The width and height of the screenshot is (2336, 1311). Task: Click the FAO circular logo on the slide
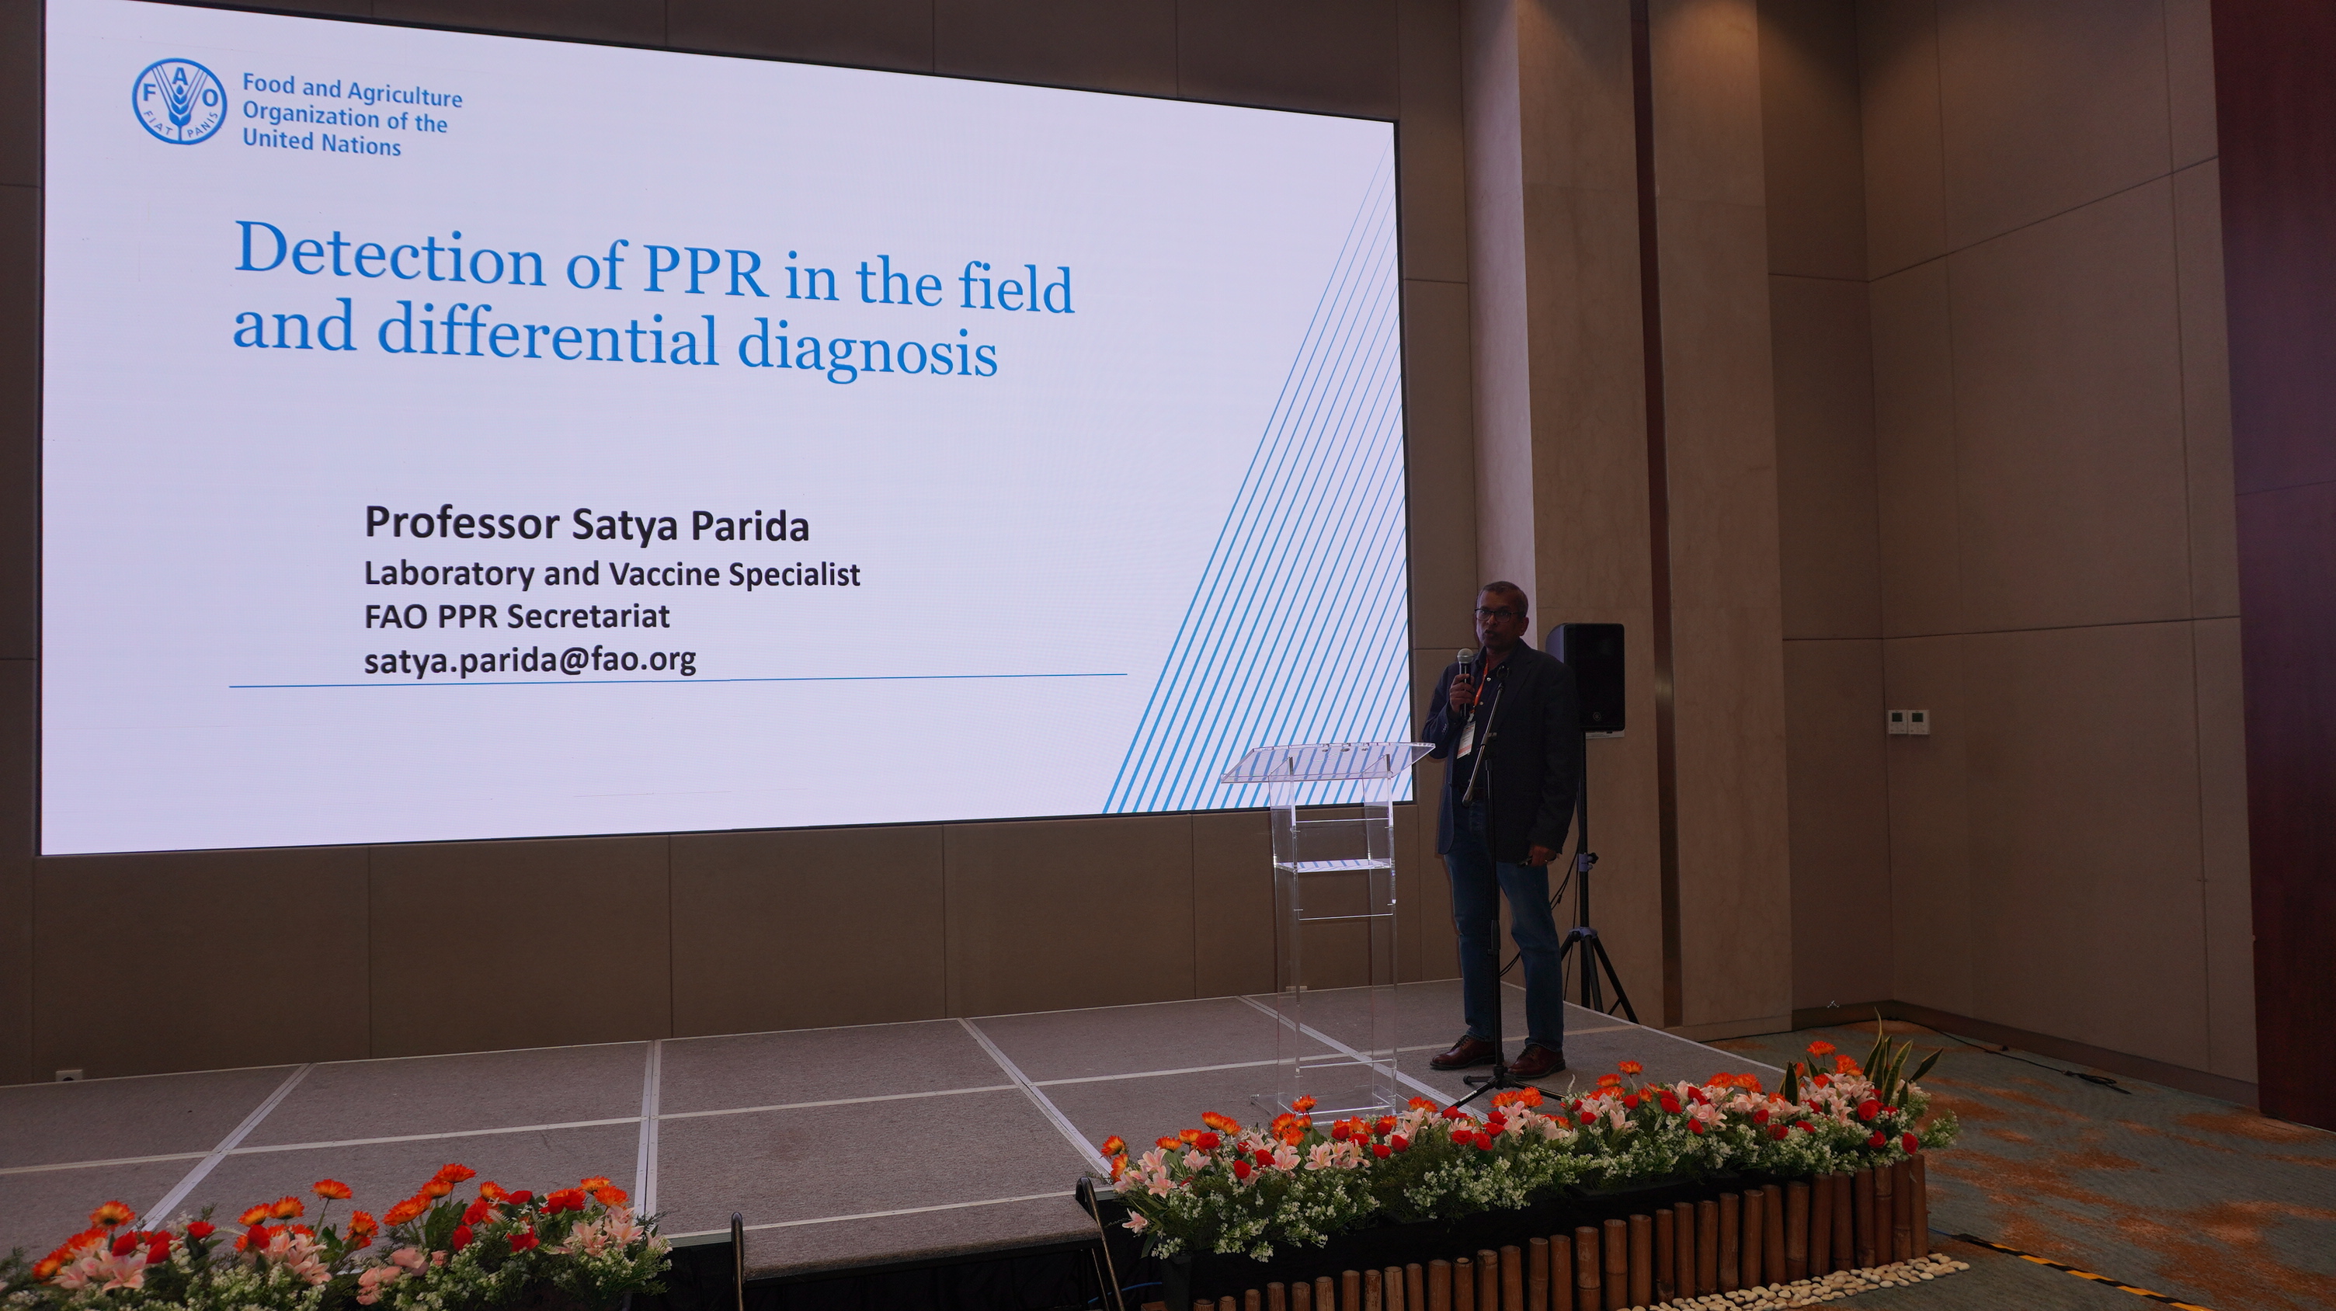pyautogui.click(x=179, y=101)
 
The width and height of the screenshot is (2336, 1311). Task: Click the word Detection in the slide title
pyautogui.click(x=389, y=254)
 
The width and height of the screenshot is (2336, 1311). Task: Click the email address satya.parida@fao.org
pyautogui.click(x=530, y=661)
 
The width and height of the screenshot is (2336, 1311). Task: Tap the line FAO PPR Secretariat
pyautogui.click(x=517, y=617)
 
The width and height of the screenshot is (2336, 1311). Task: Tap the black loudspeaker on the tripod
pyautogui.click(x=1585, y=676)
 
